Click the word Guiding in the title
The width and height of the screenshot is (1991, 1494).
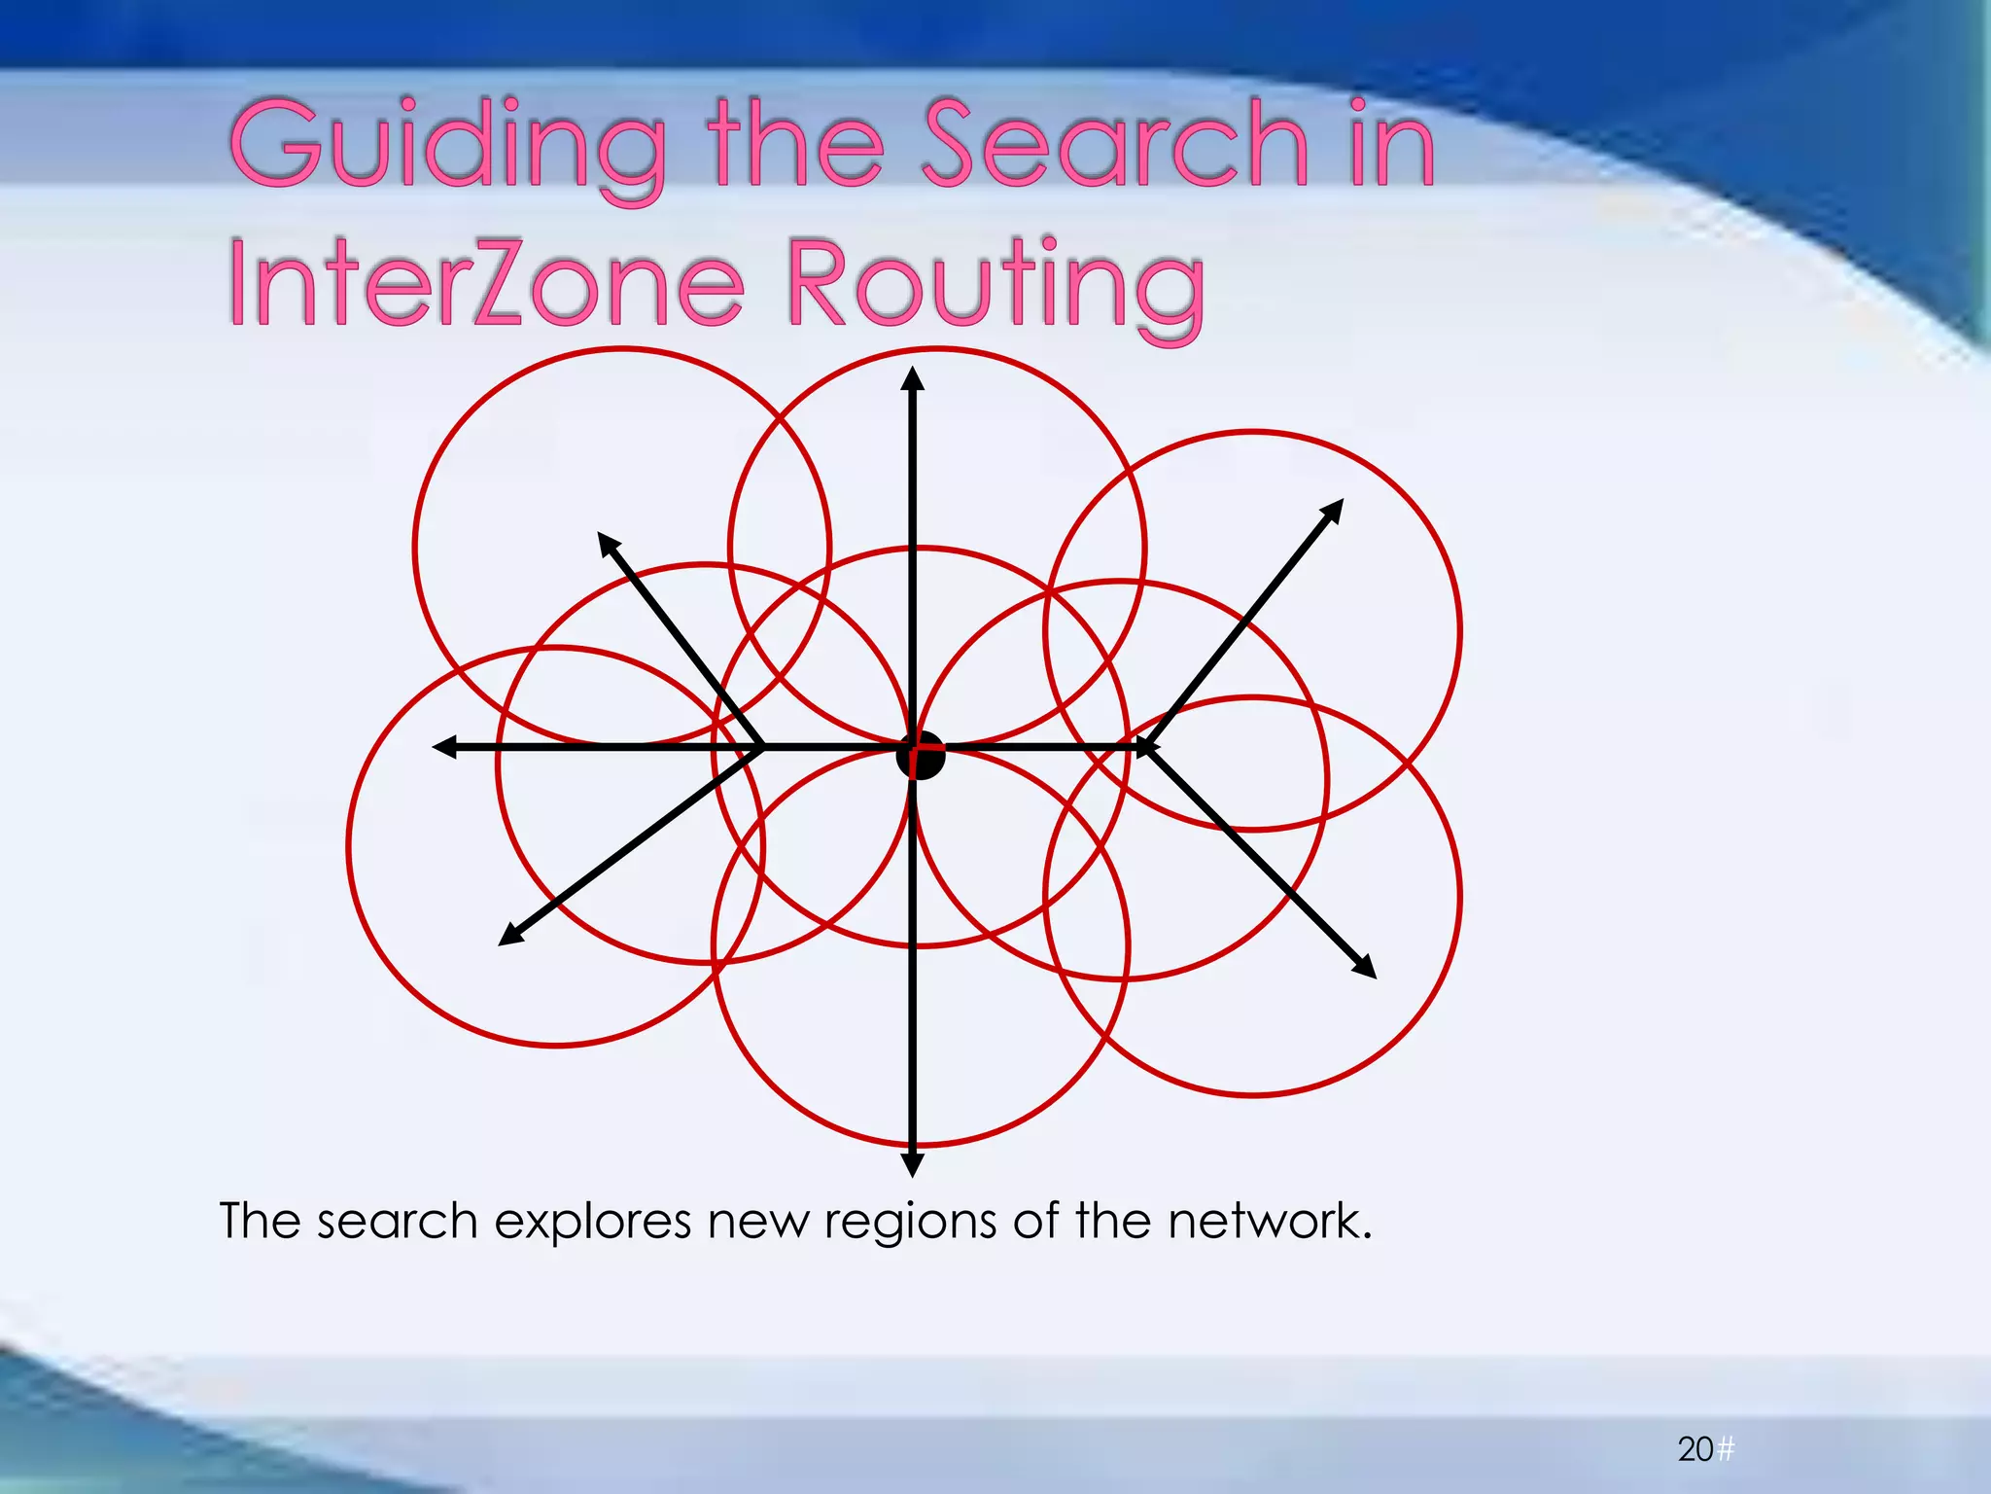click(447, 146)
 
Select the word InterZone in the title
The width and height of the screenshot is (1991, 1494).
click(486, 285)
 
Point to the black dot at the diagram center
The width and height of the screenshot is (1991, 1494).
click(920, 755)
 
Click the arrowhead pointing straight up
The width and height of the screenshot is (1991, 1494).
click(912, 379)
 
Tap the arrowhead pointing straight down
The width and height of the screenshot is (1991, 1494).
click(912, 1162)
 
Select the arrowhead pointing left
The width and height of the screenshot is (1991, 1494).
click(445, 747)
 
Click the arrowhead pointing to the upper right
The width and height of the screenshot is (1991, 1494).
click(1333, 510)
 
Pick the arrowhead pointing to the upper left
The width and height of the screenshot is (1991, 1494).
click(607, 544)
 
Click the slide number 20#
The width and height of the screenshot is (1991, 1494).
click(1705, 1449)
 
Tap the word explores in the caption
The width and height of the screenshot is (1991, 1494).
click(592, 1222)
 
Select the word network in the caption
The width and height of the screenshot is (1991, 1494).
click(1268, 1222)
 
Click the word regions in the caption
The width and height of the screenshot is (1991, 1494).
click(910, 1224)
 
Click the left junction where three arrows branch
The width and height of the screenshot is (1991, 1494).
click(761, 747)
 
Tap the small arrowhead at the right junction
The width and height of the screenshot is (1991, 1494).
click(1147, 747)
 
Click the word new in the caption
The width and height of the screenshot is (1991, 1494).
click(757, 1222)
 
